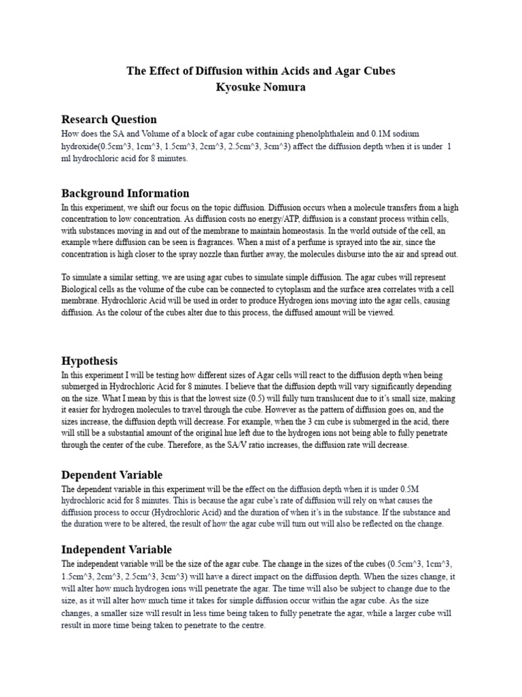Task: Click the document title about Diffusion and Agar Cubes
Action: (x=261, y=71)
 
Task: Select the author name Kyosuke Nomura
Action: (x=261, y=87)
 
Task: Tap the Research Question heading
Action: (x=109, y=119)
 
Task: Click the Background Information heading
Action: (x=125, y=193)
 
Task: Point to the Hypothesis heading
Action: (x=89, y=361)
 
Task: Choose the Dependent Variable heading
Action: (x=112, y=474)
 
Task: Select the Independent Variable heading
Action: (x=116, y=549)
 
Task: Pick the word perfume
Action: (x=308, y=242)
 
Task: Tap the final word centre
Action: (x=253, y=626)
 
